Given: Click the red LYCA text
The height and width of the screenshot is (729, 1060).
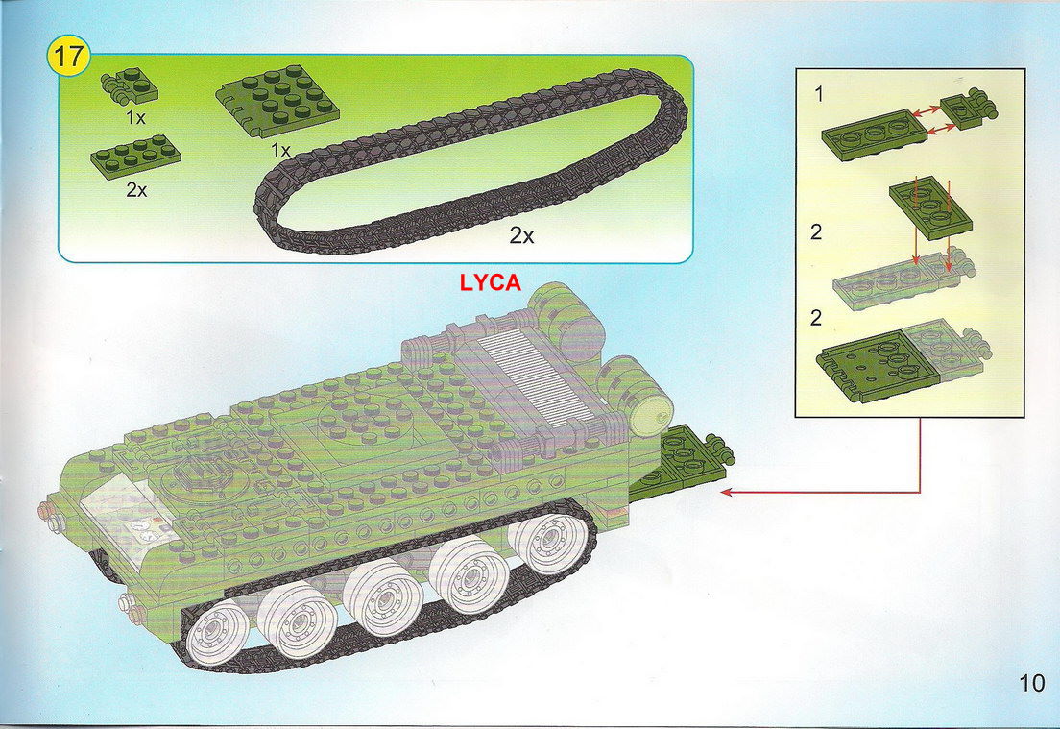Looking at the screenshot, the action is pyautogui.click(x=490, y=282).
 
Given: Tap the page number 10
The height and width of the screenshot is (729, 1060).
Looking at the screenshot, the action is pyautogui.click(x=1031, y=682).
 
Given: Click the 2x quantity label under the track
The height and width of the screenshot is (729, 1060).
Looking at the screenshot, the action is pyautogui.click(x=521, y=235).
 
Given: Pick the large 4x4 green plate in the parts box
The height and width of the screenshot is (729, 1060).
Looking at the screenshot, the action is pyautogui.click(x=277, y=102).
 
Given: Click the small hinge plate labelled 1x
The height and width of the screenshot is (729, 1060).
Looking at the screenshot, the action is pyautogui.click(x=129, y=85).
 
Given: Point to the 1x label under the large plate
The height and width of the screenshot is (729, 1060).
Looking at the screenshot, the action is pyautogui.click(x=280, y=150).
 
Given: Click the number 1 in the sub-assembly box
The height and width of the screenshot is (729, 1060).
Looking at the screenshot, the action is pyautogui.click(x=819, y=95).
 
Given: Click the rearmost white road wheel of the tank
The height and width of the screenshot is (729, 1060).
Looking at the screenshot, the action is pyautogui.click(x=546, y=535).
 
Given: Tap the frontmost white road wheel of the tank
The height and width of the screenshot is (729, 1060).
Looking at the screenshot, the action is pyautogui.click(x=218, y=631).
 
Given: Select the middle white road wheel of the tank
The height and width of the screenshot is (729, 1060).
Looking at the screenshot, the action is pyautogui.click(x=383, y=596).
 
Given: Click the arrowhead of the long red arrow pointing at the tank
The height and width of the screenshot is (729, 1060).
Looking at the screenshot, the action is pyautogui.click(x=726, y=493).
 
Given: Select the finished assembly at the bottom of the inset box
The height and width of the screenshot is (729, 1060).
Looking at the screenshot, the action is pyautogui.click(x=903, y=360).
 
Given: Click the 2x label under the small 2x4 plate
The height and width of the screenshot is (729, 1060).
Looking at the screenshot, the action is pyautogui.click(x=136, y=191).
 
